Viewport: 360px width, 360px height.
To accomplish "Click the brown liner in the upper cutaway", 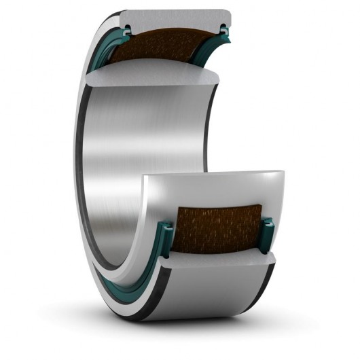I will tap(170, 51).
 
